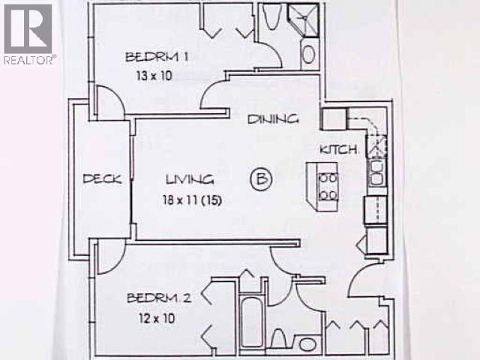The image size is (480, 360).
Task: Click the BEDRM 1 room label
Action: point(156,56)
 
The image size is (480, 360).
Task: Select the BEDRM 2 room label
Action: point(158,298)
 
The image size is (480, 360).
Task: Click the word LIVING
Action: point(190,179)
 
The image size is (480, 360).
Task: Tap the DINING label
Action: point(274,118)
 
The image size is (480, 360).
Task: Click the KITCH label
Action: point(337,149)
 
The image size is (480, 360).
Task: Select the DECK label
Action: point(103,178)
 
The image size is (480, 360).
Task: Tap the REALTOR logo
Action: point(28,34)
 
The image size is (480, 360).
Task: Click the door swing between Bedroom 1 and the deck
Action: point(107,103)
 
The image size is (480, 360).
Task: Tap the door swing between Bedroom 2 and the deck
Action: point(107,257)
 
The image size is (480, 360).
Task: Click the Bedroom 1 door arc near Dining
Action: point(215,94)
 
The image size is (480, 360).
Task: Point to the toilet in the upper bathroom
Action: point(271,16)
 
